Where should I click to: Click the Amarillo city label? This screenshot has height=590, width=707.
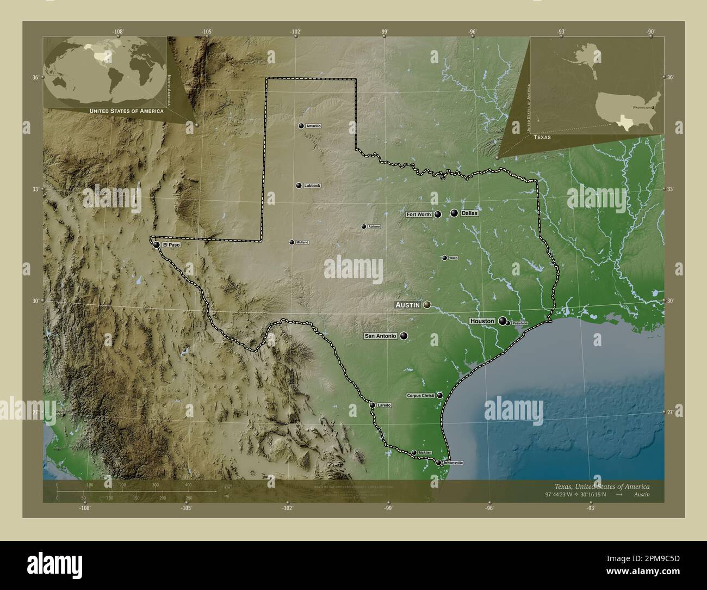(x=314, y=126)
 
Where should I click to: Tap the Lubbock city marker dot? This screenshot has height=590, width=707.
(x=299, y=186)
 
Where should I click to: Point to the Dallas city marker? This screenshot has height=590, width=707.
(x=454, y=213)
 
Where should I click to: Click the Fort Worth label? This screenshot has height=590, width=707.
(x=419, y=214)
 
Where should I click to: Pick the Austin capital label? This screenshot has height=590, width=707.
(x=407, y=305)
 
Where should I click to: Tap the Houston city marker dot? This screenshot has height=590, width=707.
(x=503, y=321)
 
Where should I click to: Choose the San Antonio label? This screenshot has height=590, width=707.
(x=380, y=336)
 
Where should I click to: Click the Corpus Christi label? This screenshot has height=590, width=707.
(x=420, y=396)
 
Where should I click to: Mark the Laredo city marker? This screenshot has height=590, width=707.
(x=373, y=405)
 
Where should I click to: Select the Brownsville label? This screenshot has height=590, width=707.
(x=453, y=463)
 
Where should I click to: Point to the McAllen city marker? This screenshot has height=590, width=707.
(x=414, y=453)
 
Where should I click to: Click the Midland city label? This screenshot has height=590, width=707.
(x=302, y=242)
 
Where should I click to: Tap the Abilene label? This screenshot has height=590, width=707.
(x=374, y=226)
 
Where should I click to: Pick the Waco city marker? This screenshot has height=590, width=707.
(x=444, y=258)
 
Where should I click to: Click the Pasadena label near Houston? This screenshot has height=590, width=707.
(x=520, y=324)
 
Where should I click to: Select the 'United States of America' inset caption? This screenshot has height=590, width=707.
(x=126, y=111)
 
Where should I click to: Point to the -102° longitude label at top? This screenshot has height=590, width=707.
(x=295, y=32)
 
